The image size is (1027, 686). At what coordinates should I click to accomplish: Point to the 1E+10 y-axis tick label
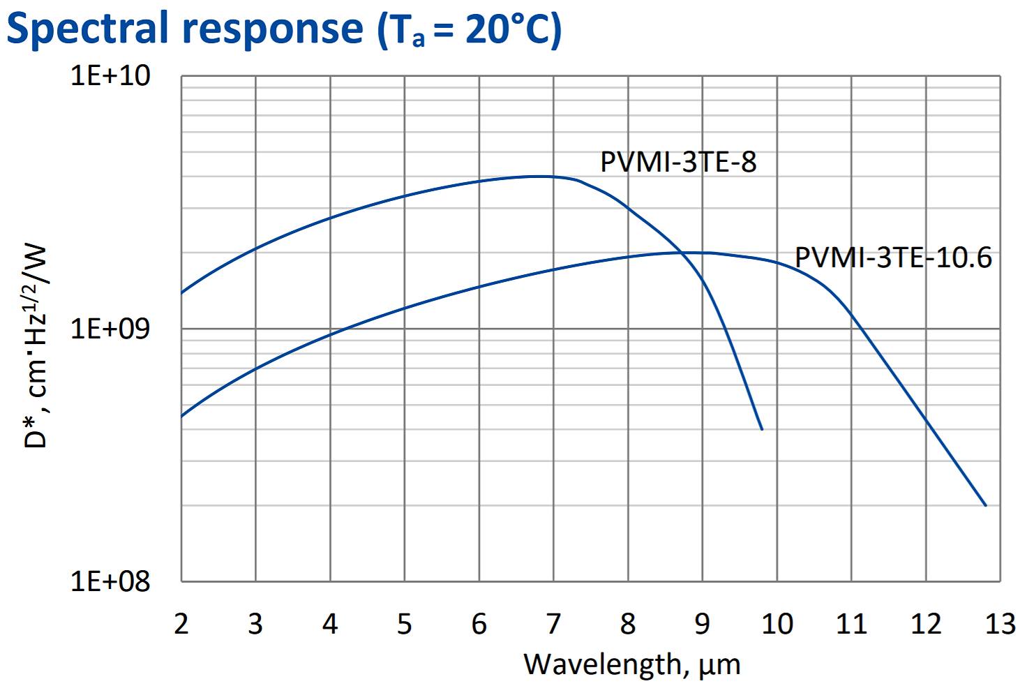click(x=110, y=75)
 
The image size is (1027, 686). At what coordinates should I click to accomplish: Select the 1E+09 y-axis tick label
click(x=110, y=328)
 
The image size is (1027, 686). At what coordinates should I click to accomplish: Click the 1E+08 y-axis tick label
click(x=110, y=581)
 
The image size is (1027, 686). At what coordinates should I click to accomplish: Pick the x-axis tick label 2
click(x=181, y=623)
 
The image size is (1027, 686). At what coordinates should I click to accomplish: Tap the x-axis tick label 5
click(x=405, y=623)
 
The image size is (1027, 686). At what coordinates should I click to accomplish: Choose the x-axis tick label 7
click(x=553, y=623)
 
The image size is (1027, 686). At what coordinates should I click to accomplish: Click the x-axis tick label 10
click(x=777, y=623)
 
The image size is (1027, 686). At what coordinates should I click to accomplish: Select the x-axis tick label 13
click(x=1000, y=623)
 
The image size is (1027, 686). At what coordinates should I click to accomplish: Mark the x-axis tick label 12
click(x=926, y=623)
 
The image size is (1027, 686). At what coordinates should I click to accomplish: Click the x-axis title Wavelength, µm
click(x=631, y=664)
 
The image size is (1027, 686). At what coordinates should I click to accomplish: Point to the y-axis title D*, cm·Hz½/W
click(x=36, y=345)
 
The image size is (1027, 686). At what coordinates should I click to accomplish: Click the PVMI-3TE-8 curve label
click(x=678, y=162)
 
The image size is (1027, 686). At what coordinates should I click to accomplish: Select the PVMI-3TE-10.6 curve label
click(x=893, y=258)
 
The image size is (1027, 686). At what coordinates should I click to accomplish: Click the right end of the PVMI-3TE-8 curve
click(x=762, y=429)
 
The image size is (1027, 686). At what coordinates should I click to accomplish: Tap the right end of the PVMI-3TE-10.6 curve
click(x=986, y=505)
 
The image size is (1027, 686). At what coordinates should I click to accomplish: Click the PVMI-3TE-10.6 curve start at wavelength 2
click(x=182, y=417)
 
